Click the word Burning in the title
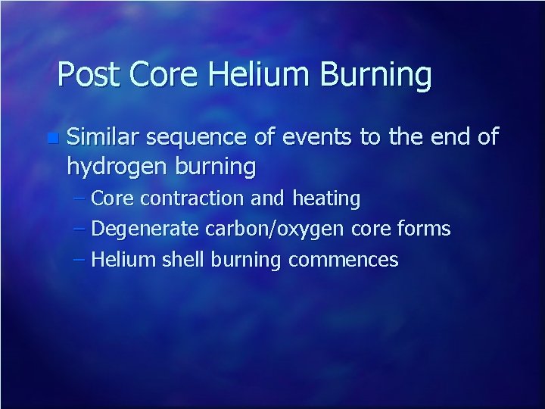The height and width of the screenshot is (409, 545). point(375,75)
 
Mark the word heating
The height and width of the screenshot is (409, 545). point(326,199)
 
